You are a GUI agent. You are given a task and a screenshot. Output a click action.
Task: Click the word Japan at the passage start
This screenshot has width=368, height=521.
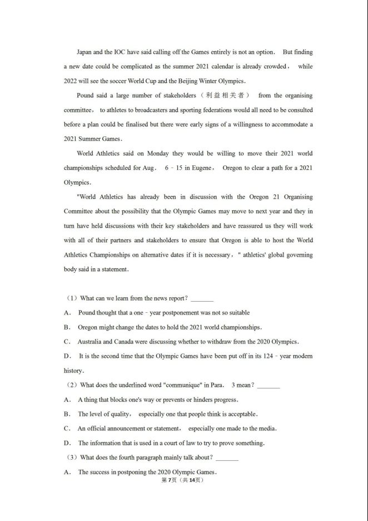pyautogui.click(x=84, y=52)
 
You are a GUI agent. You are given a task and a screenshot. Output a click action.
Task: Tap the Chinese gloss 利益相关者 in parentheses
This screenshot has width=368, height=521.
pyautogui.click(x=221, y=96)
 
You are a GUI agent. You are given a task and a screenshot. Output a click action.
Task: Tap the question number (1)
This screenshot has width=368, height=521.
pyautogui.click(x=71, y=298)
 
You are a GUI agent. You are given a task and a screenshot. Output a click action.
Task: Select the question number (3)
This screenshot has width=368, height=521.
pyautogui.click(x=71, y=458)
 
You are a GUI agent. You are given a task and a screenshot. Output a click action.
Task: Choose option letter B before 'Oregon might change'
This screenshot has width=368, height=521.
pyautogui.click(x=67, y=327)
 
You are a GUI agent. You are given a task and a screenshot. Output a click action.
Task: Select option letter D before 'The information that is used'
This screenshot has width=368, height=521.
pyautogui.click(x=67, y=443)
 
